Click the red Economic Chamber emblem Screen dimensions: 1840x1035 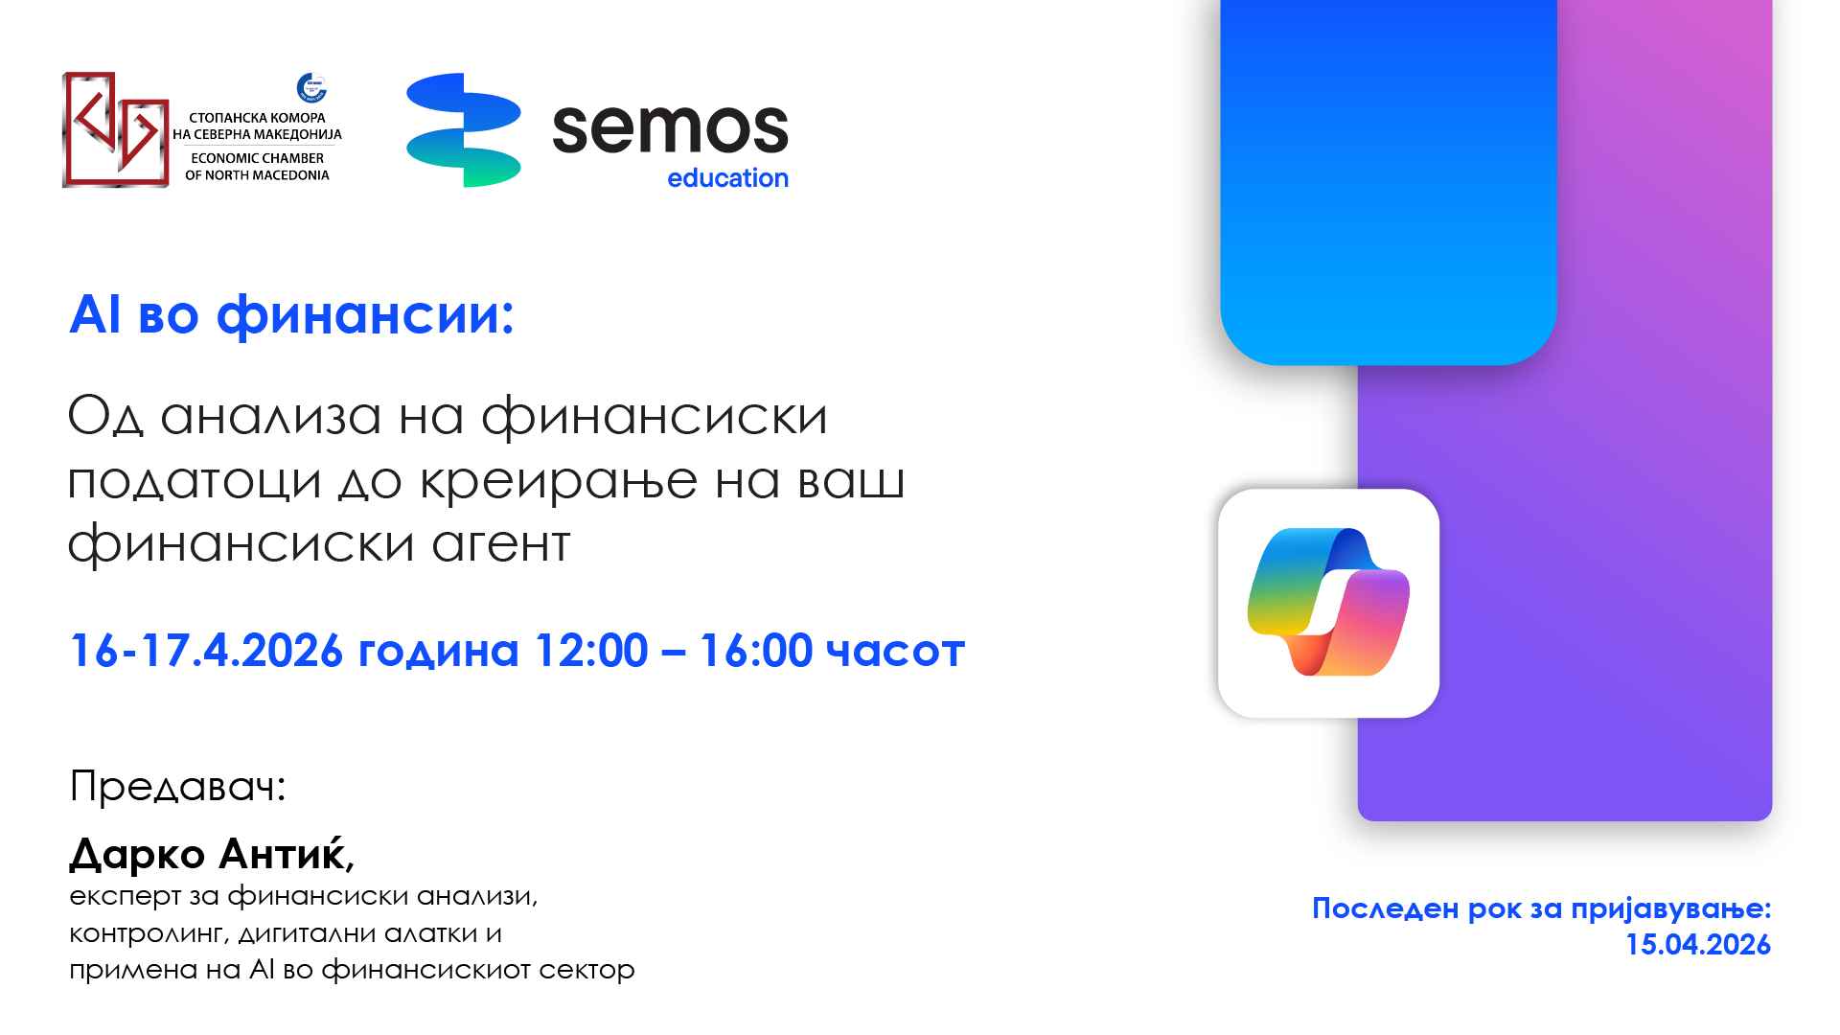pyautogui.click(x=116, y=129)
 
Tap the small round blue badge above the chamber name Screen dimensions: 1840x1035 pyautogui.click(x=311, y=88)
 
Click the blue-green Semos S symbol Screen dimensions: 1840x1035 pyautogui.click(x=464, y=129)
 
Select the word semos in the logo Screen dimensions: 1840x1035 pyautogui.click(x=670, y=128)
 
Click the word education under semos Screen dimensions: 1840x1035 pyautogui.click(x=727, y=178)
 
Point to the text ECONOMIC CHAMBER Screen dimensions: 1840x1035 pyautogui.click(x=257, y=158)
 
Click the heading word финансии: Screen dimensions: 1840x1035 pyautogui.click(x=365, y=315)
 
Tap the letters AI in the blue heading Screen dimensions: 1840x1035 pyautogui.click(x=95, y=314)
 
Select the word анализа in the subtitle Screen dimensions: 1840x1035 pyautogui.click(x=271, y=417)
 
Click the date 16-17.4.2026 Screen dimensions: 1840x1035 pyautogui.click(x=206, y=651)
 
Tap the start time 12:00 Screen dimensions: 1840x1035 pyautogui.click(x=591, y=651)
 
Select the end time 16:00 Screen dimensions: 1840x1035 pyautogui.click(x=756, y=651)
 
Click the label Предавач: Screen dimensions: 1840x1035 pyautogui.click(x=178, y=787)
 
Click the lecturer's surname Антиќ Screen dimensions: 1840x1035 pyautogui.click(x=283, y=853)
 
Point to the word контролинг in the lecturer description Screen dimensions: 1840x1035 pyautogui.click(x=147, y=933)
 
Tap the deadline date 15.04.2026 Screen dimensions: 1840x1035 pyautogui.click(x=1698, y=945)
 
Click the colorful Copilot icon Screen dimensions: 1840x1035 pyautogui.click(x=1329, y=602)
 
